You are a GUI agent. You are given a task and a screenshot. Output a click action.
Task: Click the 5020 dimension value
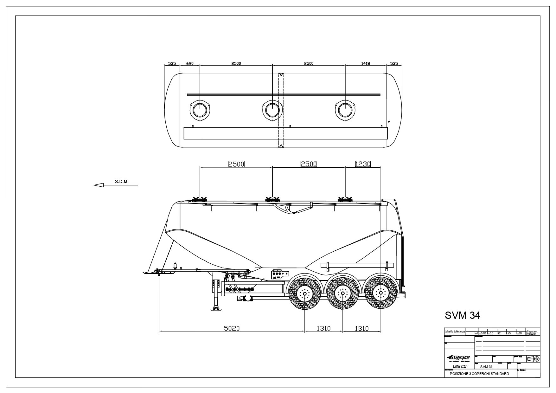[x=232, y=328]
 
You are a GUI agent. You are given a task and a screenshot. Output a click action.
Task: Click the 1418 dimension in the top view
[x=365, y=63]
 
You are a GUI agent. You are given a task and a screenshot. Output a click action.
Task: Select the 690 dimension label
[x=189, y=63]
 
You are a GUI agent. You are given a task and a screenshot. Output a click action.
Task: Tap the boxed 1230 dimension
[x=363, y=164]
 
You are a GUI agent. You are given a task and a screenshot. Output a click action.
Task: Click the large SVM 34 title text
[x=462, y=315]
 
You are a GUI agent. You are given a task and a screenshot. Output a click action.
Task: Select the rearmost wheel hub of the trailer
[x=381, y=293]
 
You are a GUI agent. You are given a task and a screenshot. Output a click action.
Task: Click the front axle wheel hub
[x=304, y=293]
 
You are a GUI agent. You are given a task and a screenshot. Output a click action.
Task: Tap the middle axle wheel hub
[x=343, y=293]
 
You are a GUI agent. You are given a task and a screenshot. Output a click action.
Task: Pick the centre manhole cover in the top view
[x=272, y=110]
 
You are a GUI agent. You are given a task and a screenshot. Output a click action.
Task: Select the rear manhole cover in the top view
[x=345, y=110]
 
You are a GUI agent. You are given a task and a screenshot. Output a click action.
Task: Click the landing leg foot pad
[x=216, y=309]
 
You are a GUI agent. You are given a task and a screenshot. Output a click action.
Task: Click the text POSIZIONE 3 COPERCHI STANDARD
[x=479, y=374]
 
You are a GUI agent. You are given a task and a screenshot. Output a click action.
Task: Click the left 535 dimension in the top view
[x=172, y=63]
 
